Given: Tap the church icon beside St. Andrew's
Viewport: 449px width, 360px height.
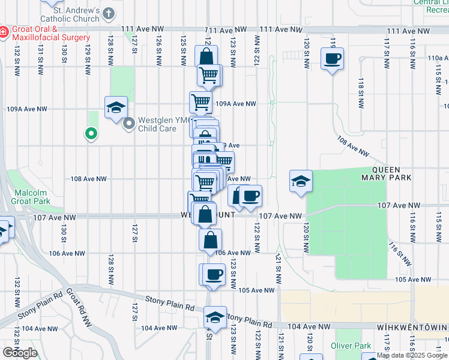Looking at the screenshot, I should (109, 12).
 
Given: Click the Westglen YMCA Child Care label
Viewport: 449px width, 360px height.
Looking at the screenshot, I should (158, 124).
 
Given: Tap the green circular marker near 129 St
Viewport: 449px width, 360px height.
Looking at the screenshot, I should (91, 133).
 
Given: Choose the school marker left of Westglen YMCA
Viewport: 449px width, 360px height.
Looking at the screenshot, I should (116, 108).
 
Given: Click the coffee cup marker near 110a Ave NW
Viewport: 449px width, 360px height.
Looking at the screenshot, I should (332, 59).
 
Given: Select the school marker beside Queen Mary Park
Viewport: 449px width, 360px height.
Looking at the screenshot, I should (301, 182).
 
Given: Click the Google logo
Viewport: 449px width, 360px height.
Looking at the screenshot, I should (20, 353).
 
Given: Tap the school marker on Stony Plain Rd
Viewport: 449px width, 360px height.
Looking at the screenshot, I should (215, 317).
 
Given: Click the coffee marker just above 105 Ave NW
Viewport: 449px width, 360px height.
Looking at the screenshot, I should (214, 274).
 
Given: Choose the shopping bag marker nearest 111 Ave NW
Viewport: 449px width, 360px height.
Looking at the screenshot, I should (206, 58).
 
